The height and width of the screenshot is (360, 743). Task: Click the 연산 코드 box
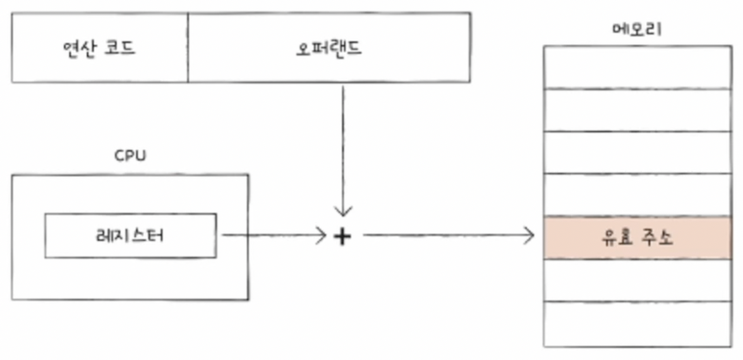click(x=99, y=48)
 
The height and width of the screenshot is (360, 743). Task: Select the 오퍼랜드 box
click(x=329, y=48)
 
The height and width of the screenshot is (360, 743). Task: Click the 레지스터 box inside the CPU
click(x=130, y=236)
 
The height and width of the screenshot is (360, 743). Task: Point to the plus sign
click(x=342, y=237)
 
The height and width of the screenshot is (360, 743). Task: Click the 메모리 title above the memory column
click(x=637, y=29)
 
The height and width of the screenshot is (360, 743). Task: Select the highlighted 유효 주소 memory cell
click(x=637, y=237)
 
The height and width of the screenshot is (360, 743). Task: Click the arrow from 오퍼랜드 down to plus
click(x=342, y=152)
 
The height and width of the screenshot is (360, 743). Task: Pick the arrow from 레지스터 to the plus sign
click(x=272, y=236)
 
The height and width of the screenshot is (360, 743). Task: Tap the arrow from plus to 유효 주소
click(x=449, y=236)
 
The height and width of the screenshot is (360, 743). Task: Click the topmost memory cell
click(x=637, y=67)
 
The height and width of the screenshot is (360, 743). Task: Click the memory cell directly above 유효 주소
click(x=637, y=195)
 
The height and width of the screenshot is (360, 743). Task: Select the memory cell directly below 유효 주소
click(x=637, y=280)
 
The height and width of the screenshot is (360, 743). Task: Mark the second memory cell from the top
click(x=637, y=110)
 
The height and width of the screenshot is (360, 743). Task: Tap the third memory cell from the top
click(x=637, y=152)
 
